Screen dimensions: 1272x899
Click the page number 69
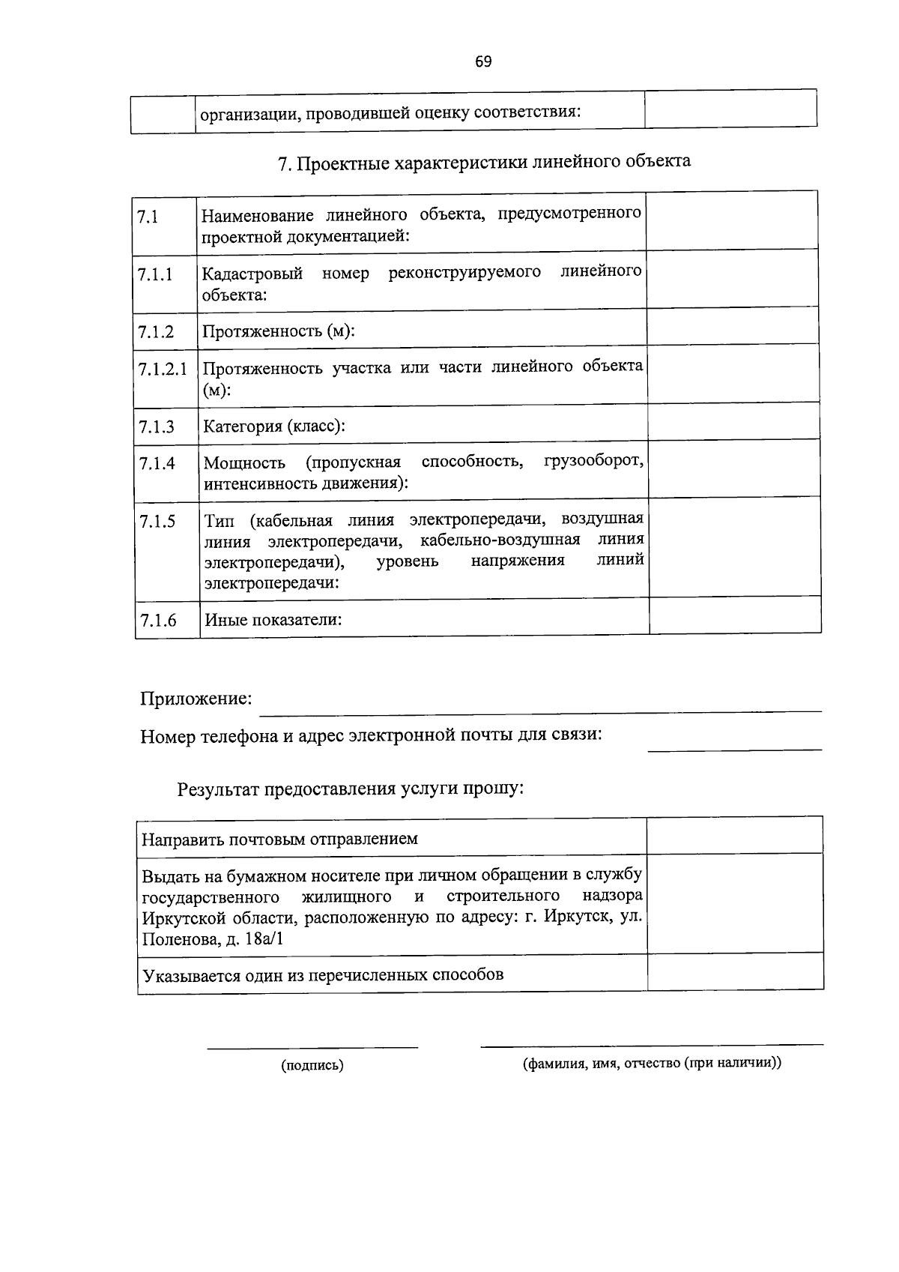pos(483,62)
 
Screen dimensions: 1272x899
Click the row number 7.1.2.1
pos(163,369)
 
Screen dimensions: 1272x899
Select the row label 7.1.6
pos(157,620)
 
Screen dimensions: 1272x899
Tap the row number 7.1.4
pos(157,463)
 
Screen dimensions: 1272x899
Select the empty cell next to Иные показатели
pos(734,615)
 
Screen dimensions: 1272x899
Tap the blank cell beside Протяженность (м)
pos(733,326)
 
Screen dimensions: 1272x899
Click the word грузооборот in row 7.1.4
pos(593,459)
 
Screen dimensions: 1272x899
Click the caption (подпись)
pos(312,1065)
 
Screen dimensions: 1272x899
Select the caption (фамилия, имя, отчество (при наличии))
pos(652,1063)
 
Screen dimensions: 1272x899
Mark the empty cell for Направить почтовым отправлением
pos(734,835)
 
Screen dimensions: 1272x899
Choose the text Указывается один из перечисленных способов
pos(323,975)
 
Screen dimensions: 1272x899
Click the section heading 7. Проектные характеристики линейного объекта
pos(484,162)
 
